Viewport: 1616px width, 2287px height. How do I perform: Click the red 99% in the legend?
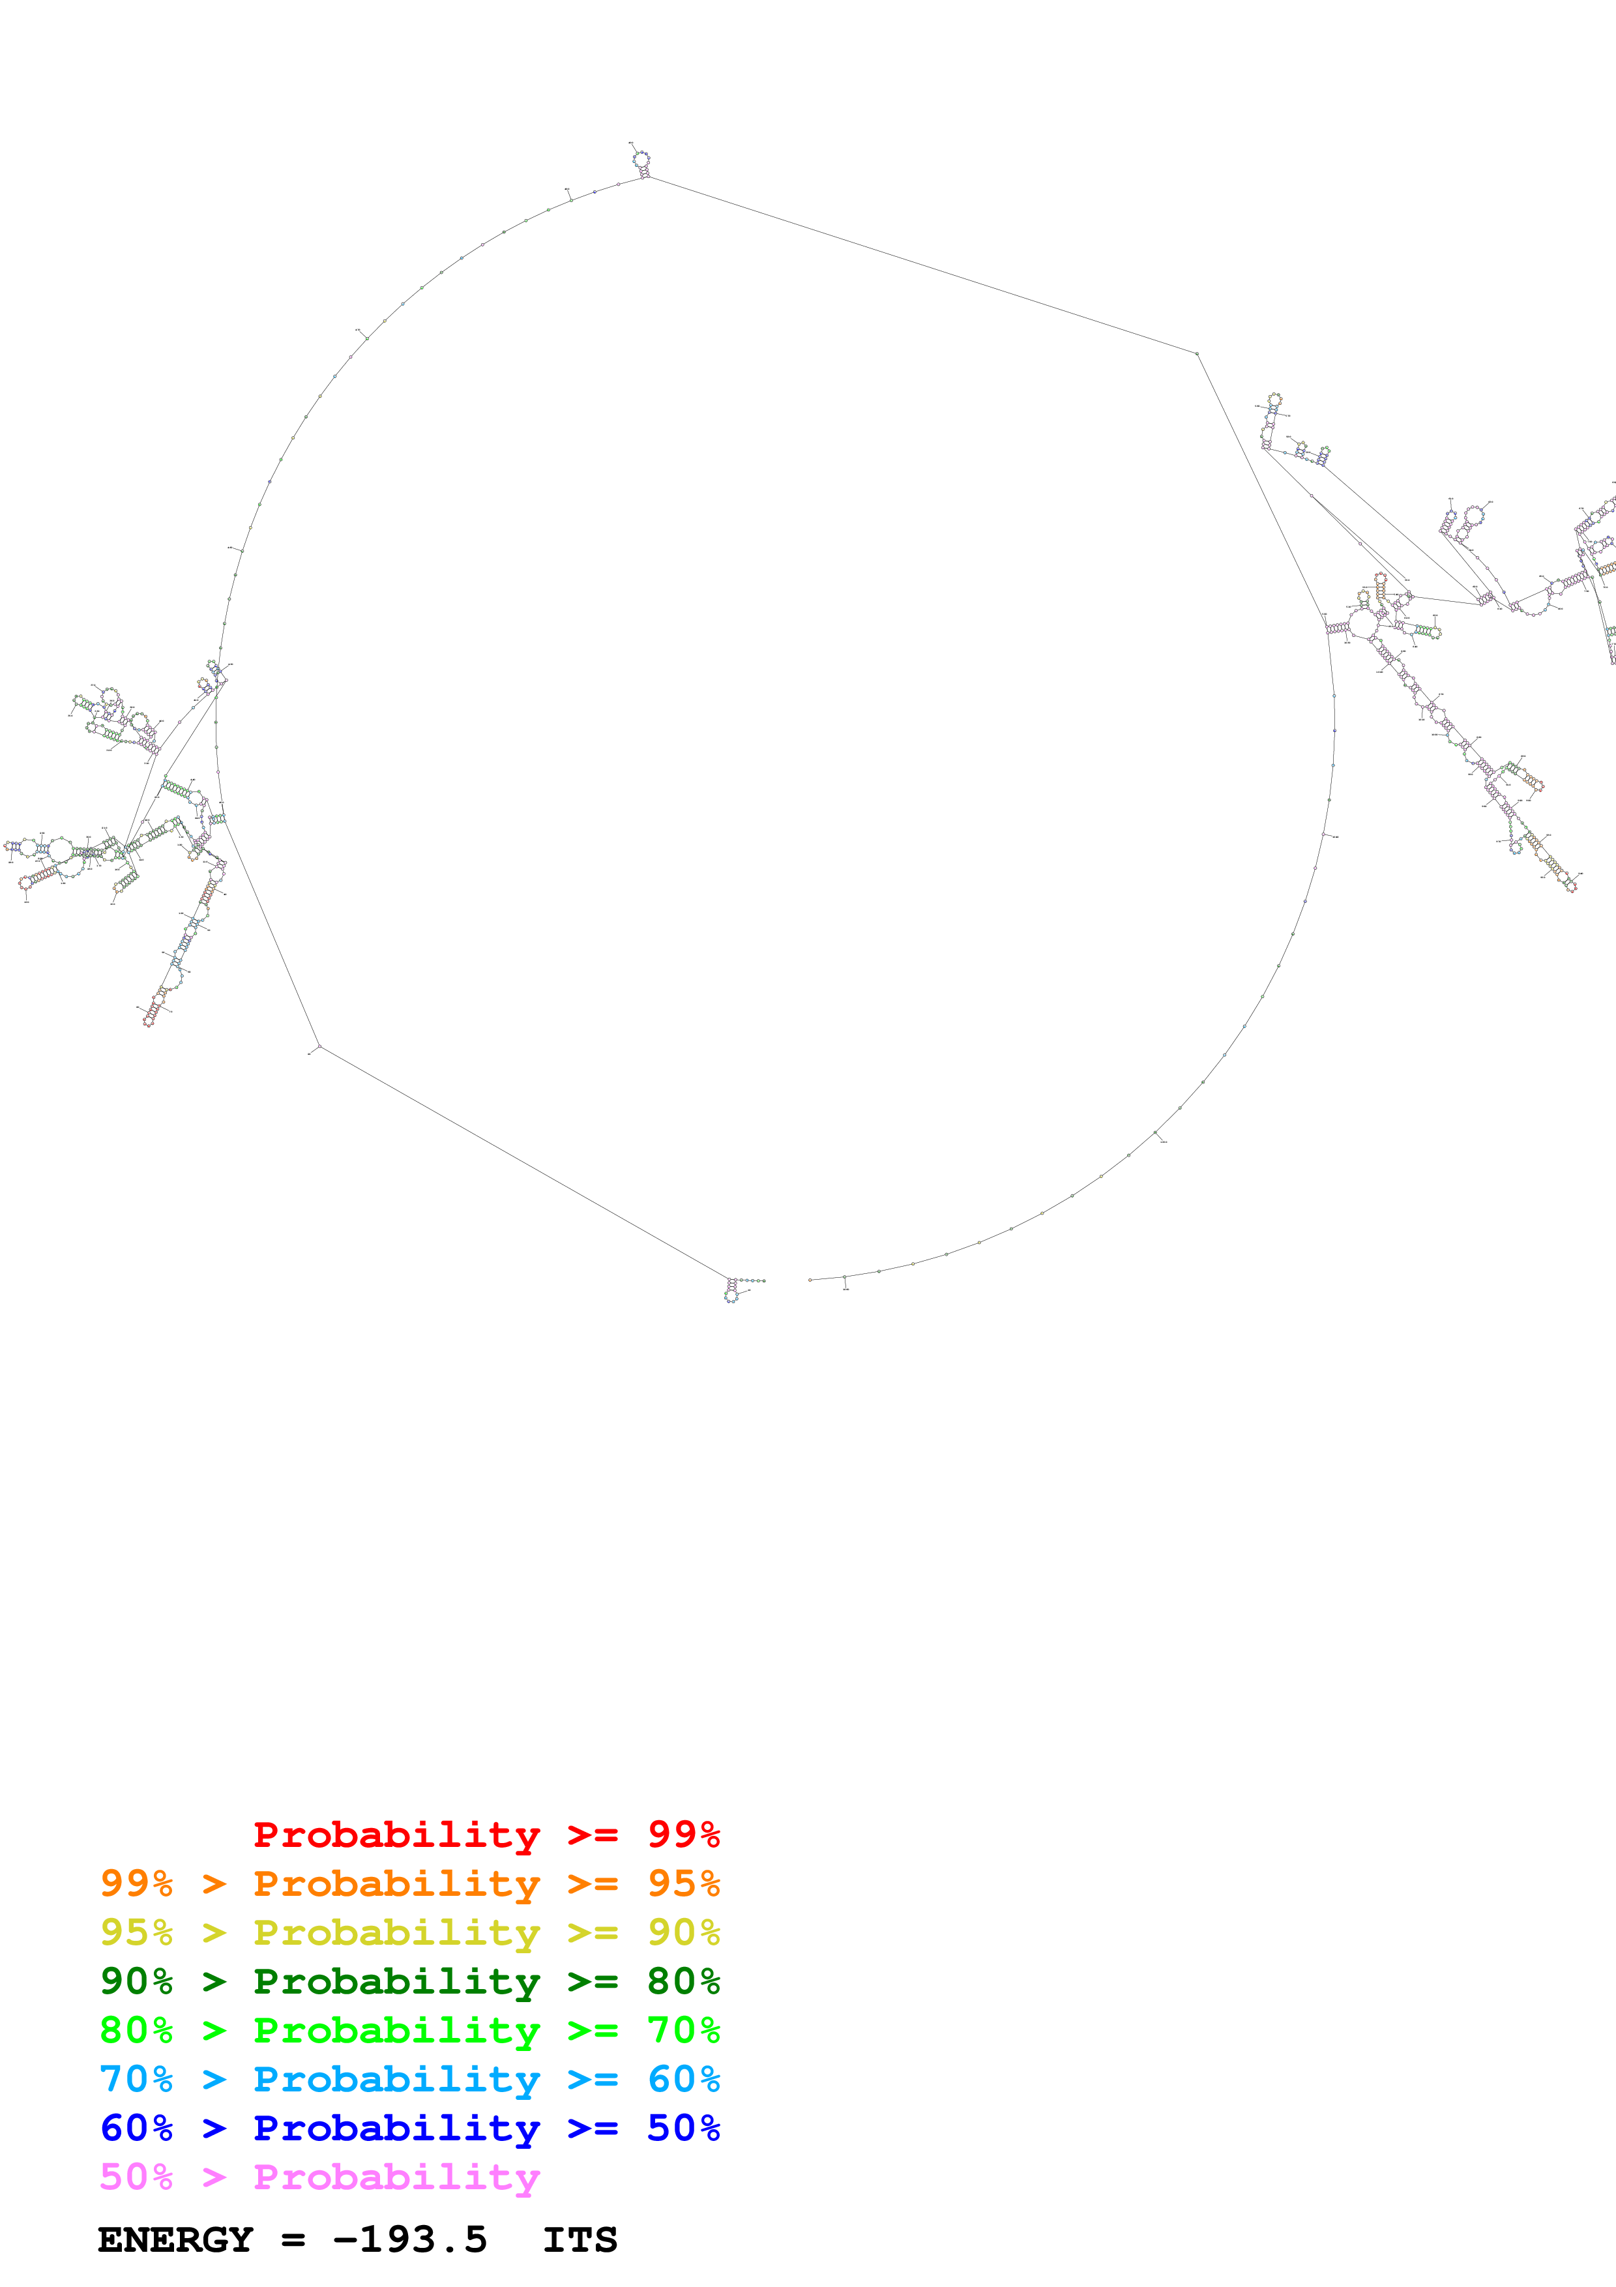coord(683,1835)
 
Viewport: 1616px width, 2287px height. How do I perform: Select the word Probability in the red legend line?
coord(396,1835)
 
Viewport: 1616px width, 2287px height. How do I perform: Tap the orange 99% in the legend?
coord(136,1883)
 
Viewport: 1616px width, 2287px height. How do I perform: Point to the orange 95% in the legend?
coord(683,1883)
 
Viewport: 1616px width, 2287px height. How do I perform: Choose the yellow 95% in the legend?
coord(136,1932)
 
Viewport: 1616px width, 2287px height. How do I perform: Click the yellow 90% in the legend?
coord(683,1932)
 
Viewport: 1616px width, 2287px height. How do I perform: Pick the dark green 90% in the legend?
coord(136,1981)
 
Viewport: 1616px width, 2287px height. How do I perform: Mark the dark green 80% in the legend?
coord(683,1981)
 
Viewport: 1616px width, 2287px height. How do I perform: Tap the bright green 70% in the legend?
coord(683,2030)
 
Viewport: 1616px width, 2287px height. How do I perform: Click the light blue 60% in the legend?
coord(683,2079)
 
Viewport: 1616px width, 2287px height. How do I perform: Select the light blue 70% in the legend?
coord(136,2079)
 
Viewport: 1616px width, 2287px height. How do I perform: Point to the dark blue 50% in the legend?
coord(683,2128)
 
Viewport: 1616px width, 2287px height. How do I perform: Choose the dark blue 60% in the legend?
coord(136,2128)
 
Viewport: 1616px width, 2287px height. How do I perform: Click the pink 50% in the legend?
coord(136,2176)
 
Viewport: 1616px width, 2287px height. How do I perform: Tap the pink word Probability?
coord(396,2176)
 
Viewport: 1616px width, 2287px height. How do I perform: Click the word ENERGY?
coord(175,2240)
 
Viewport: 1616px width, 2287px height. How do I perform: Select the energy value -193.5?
coord(410,2240)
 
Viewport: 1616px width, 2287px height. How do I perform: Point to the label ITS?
coord(580,2240)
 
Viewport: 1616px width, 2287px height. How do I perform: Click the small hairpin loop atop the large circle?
coord(642,158)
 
